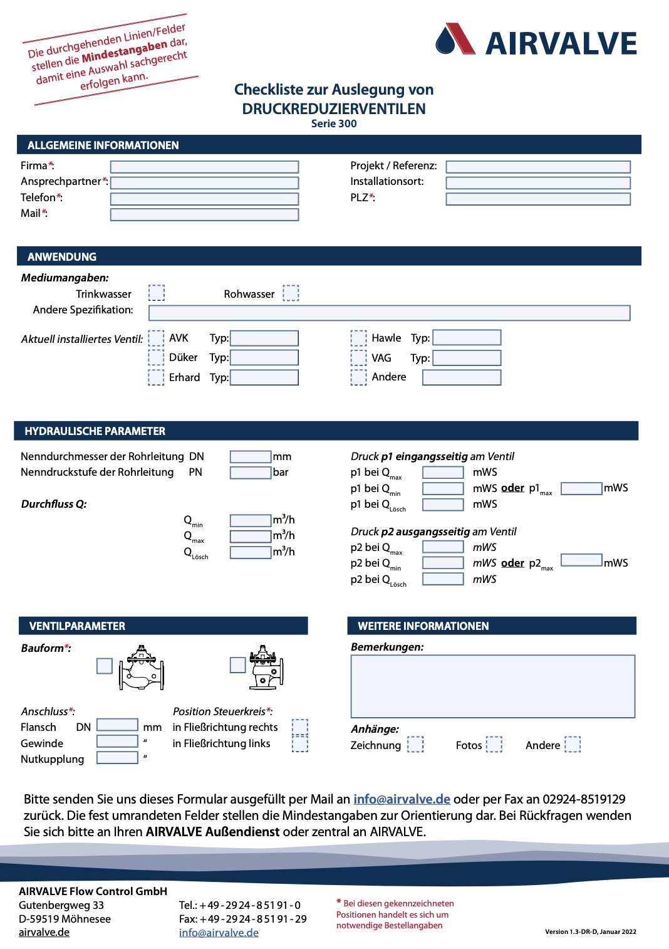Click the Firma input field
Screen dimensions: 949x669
pos(204,167)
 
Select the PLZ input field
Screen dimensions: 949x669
pos(537,199)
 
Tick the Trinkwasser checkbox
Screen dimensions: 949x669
pos(157,293)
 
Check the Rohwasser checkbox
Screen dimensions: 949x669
pos(291,293)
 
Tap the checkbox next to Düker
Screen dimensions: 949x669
pos(156,357)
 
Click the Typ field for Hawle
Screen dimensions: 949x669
pos(467,338)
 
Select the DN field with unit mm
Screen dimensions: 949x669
pos(250,457)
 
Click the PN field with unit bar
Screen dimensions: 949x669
pos(250,473)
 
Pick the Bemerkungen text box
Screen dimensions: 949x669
pos(492,686)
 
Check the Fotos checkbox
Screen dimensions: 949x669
pos(494,744)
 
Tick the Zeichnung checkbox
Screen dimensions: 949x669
pos(415,744)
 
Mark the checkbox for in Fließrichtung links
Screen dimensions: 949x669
pos(300,744)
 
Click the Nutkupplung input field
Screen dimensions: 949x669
pos(117,757)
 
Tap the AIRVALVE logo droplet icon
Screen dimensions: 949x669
pos(446,41)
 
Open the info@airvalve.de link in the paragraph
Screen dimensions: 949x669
pos(402,799)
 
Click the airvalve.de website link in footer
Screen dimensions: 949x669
pos(44,932)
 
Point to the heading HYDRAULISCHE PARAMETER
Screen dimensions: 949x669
pos(95,431)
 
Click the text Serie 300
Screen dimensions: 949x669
pos(334,123)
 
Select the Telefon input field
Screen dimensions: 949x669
pos(204,199)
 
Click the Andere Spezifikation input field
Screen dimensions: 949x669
pos(389,313)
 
